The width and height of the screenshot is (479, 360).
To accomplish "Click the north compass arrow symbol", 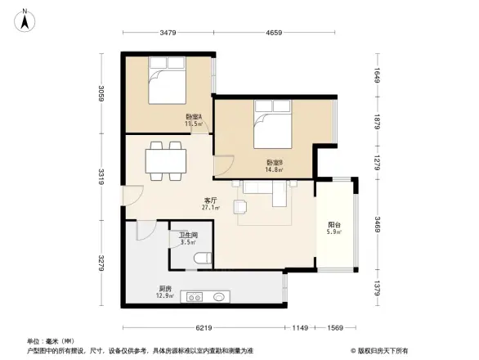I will (x=25, y=20).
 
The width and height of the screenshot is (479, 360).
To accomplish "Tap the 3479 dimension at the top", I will (x=168, y=33).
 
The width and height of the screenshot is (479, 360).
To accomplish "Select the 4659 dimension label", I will (x=274, y=33).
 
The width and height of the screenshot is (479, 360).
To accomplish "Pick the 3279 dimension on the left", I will (x=101, y=263).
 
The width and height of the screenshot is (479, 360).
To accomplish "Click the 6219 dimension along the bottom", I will (x=204, y=327).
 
